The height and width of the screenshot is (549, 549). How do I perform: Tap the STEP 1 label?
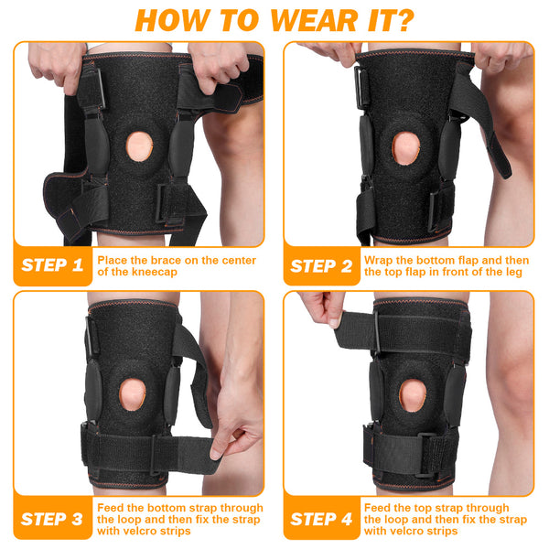[x=52, y=265]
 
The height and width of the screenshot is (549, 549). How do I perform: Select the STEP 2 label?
[x=321, y=266]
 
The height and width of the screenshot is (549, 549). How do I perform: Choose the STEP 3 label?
[x=52, y=519]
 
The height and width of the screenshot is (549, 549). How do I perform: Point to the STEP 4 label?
[x=321, y=519]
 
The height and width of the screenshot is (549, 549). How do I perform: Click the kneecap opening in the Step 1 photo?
[x=139, y=146]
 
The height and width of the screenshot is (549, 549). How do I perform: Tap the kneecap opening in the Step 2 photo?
[x=405, y=148]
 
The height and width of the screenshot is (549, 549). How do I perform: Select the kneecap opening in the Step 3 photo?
[x=132, y=394]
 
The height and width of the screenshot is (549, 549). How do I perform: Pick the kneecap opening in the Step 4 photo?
[x=413, y=395]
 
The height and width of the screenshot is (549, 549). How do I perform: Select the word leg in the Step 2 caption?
[x=514, y=273]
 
